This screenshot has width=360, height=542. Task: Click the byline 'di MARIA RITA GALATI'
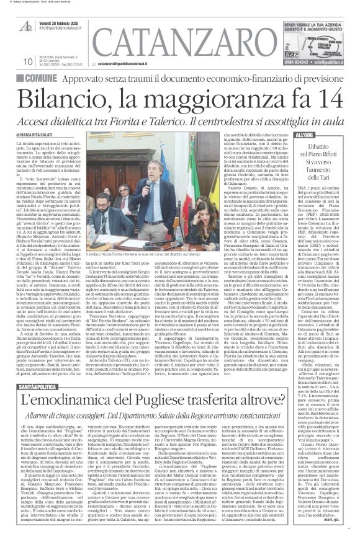click(x=48, y=135)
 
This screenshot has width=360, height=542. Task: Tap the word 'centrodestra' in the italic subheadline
click(x=241, y=119)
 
